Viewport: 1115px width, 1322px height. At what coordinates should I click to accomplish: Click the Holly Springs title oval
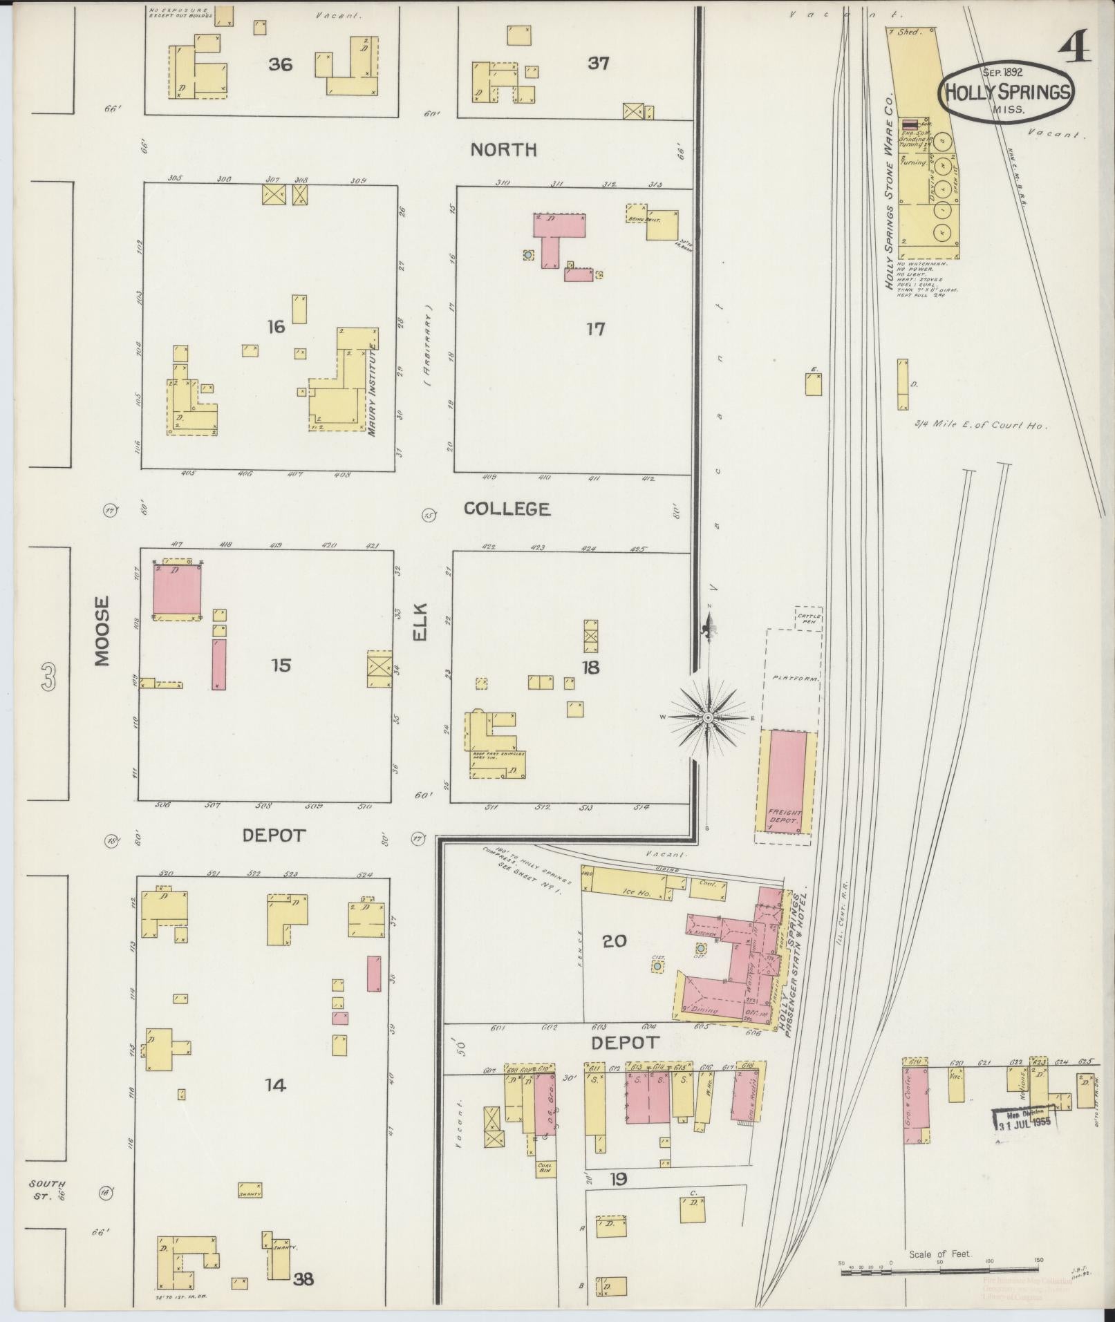pos(1006,92)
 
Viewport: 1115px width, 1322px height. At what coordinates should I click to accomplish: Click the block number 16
pos(276,326)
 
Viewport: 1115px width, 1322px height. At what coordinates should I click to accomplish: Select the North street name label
pos(503,150)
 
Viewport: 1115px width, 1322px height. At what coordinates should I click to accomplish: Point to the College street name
pos(507,509)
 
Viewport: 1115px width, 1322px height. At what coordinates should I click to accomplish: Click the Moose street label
pos(102,631)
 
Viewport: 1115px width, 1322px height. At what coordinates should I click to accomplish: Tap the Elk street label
pos(421,622)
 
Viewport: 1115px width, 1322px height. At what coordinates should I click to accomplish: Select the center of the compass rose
pos(708,718)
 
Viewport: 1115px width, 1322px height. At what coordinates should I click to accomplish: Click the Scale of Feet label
pos(940,1254)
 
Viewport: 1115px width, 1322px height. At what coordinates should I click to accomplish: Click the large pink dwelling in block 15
pos(177,589)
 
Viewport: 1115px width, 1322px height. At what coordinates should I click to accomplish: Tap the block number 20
pos(614,941)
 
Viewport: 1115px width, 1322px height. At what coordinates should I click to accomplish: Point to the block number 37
pos(598,64)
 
